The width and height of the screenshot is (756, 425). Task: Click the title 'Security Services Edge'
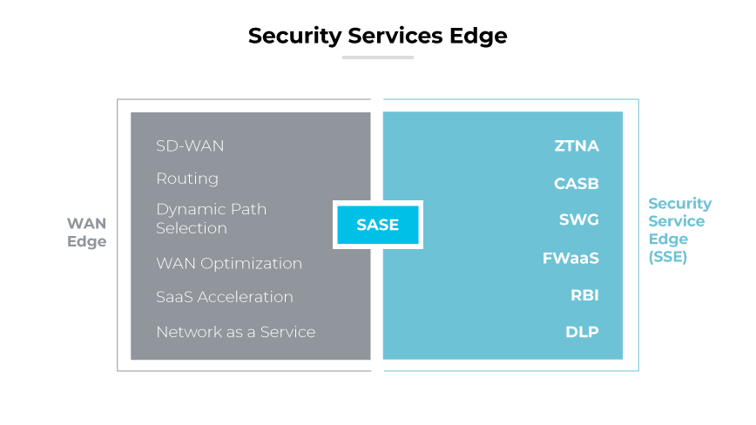[x=377, y=36]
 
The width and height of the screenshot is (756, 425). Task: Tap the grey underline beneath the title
[x=377, y=57]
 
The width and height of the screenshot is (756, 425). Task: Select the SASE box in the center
[x=377, y=225]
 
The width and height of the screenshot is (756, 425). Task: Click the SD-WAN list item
[x=190, y=145]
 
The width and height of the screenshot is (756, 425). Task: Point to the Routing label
[x=187, y=179]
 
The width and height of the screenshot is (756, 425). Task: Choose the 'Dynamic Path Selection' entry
[x=211, y=219]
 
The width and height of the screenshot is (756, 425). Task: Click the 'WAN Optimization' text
[x=229, y=263]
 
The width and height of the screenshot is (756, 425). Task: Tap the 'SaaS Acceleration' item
[x=225, y=297]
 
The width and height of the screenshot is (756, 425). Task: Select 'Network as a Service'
[x=235, y=332]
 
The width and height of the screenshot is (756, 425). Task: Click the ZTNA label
[x=577, y=145]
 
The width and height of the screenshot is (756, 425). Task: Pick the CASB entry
[x=577, y=184]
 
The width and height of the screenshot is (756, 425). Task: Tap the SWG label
[x=578, y=219]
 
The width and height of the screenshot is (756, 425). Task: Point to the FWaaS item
[x=571, y=259]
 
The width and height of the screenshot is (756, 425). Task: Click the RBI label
[x=584, y=295]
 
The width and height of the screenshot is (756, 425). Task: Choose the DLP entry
[x=582, y=332]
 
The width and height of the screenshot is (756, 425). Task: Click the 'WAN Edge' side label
[x=86, y=233]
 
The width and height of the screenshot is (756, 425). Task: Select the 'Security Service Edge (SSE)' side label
[x=679, y=230]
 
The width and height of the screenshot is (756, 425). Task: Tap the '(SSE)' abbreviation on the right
[x=667, y=257]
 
